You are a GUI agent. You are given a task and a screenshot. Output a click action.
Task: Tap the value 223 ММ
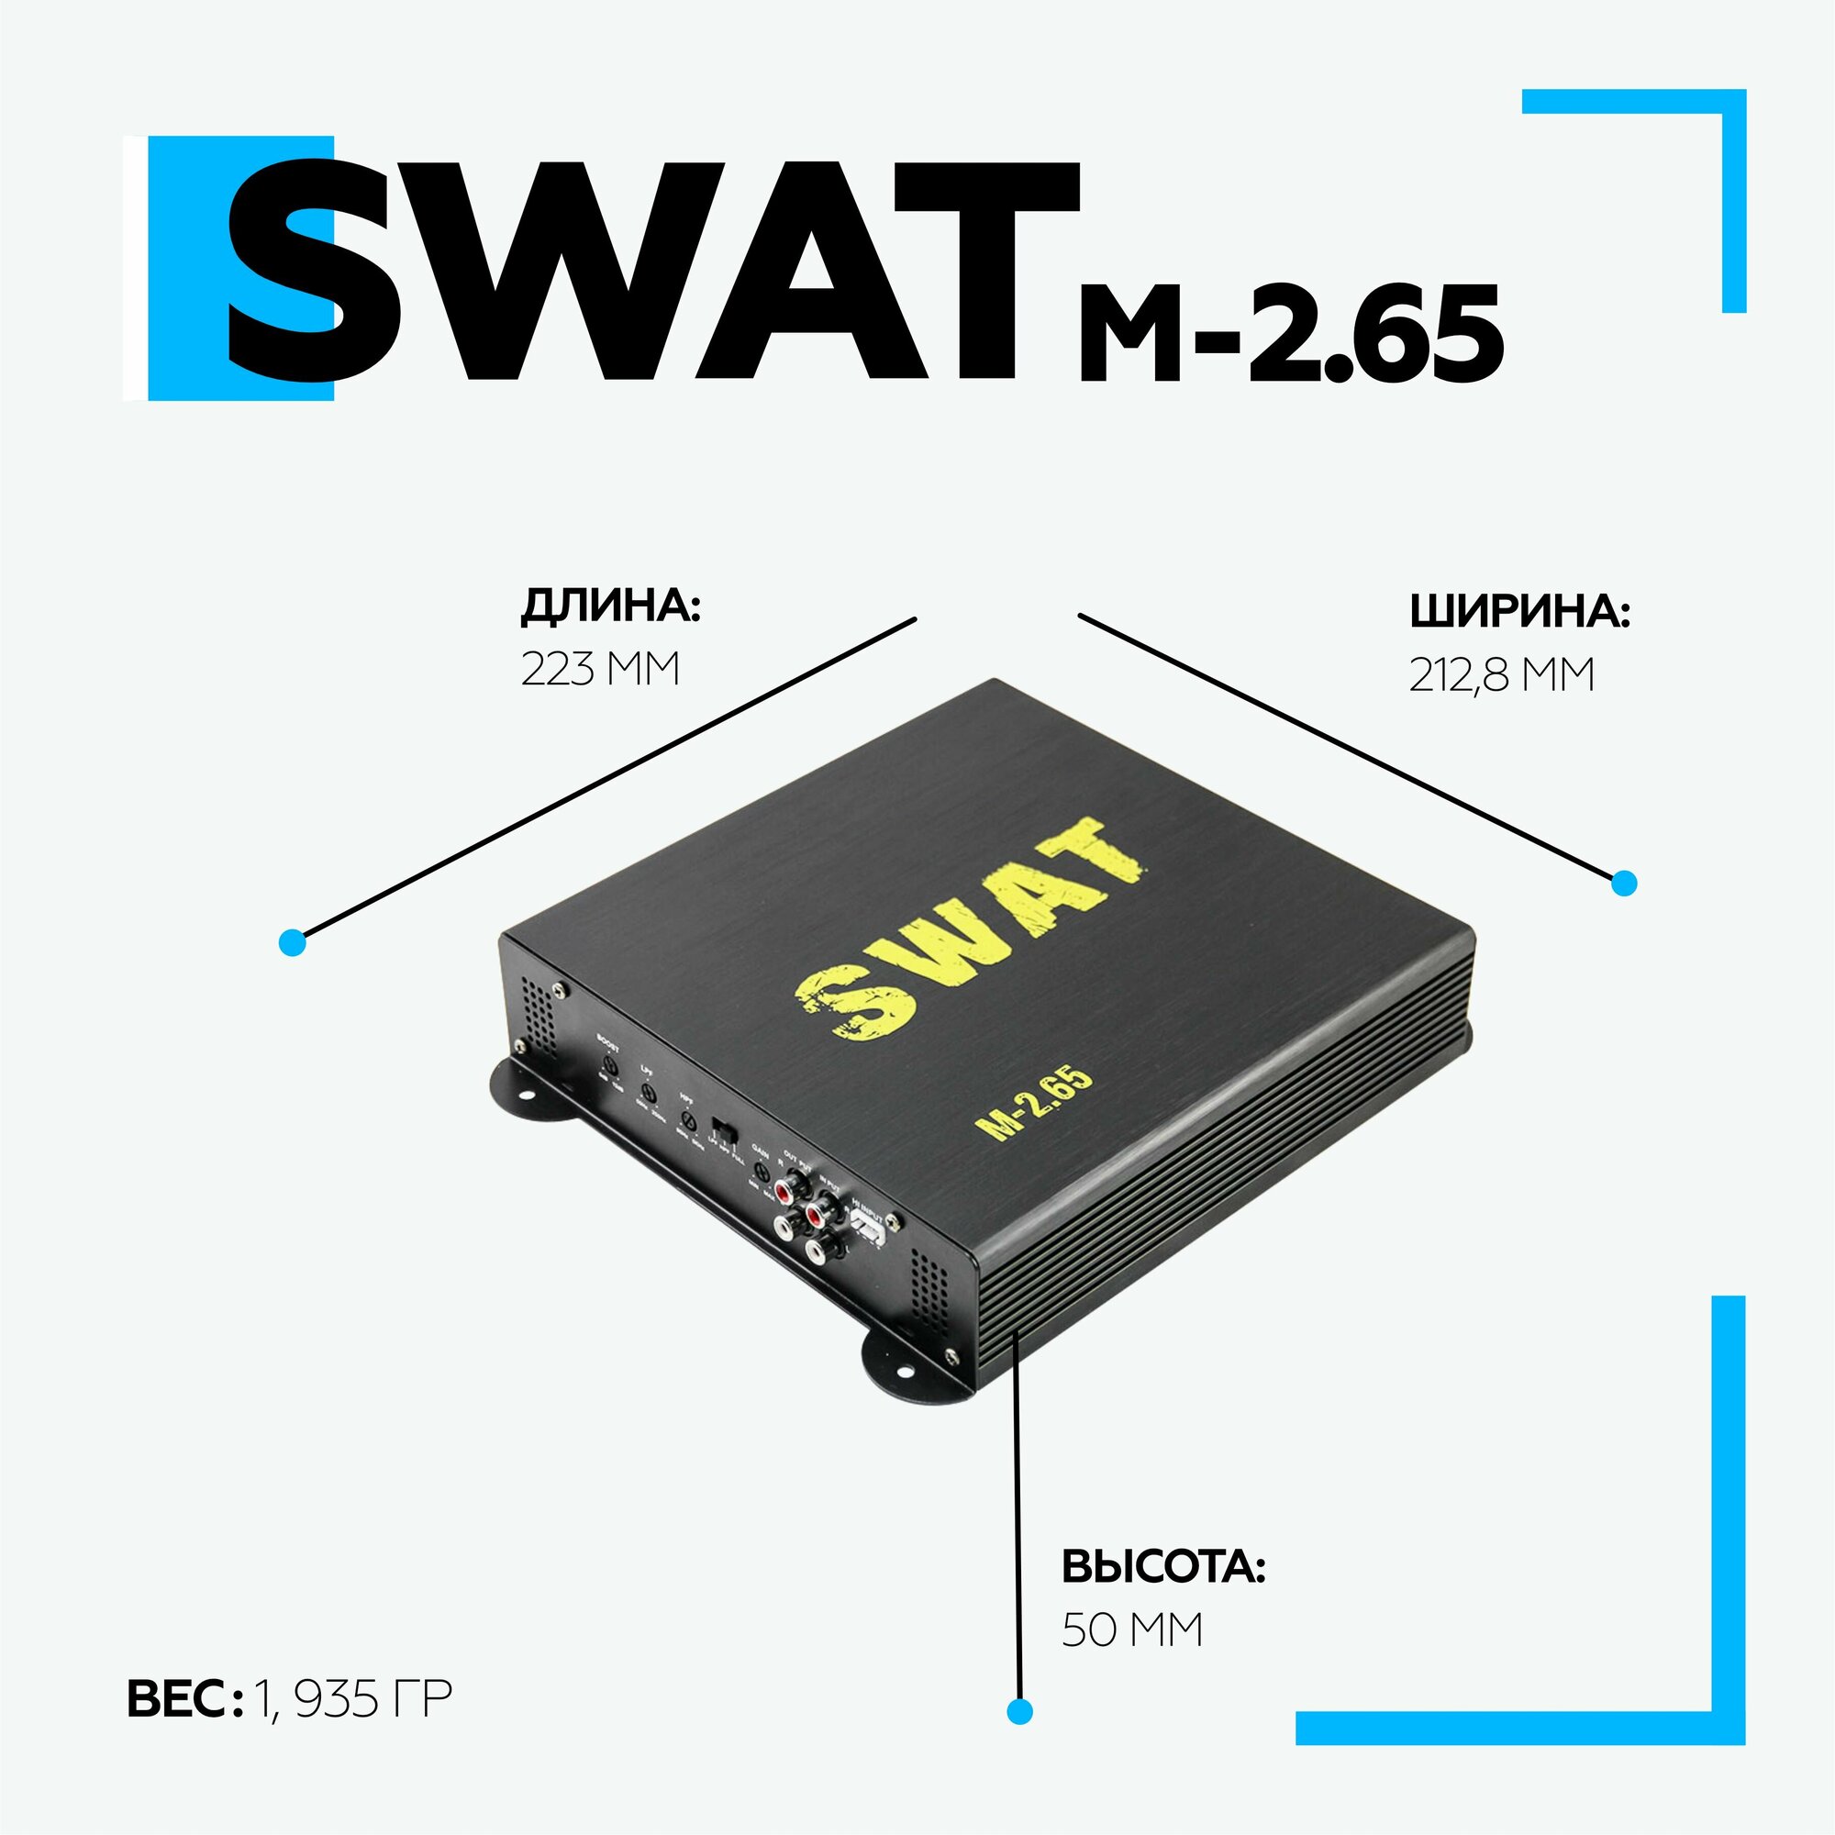[600, 669]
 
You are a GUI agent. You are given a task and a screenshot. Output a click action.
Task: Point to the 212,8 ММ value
[1502, 675]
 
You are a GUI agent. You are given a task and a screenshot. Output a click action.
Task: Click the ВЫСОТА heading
[1163, 1566]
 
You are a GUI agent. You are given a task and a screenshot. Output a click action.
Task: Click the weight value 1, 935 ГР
[352, 1698]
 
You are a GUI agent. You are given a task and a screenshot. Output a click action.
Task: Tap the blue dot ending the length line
[293, 943]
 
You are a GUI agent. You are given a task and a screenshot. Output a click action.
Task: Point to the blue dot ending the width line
[1624, 884]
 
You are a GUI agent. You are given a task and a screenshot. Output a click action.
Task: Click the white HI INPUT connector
[867, 1231]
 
